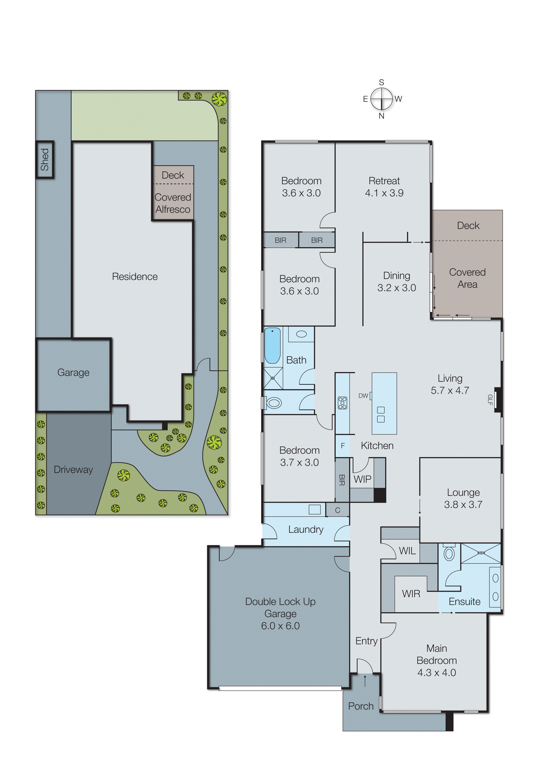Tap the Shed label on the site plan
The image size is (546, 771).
45,159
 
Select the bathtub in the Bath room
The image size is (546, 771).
272,346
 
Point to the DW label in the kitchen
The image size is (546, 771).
363,396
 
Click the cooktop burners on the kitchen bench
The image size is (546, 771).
342,403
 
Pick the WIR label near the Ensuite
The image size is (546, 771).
411,593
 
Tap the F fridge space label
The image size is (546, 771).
342,446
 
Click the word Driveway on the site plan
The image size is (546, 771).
73,469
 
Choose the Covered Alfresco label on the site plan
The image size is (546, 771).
173,203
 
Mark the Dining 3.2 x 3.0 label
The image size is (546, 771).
396,282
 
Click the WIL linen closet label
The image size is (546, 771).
407,551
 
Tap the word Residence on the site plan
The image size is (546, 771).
135,276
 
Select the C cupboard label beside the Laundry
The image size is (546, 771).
338,510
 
